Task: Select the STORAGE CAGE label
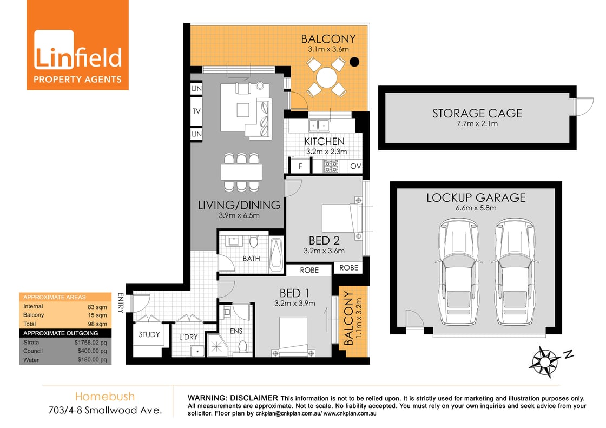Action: click(477, 113)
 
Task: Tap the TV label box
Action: click(196, 111)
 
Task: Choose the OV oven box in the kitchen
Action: click(355, 166)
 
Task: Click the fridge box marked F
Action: click(300, 166)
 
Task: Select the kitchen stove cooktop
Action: click(331, 166)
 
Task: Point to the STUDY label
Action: click(149, 334)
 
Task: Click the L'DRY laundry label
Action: click(188, 338)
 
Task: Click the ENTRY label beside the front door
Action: click(120, 303)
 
